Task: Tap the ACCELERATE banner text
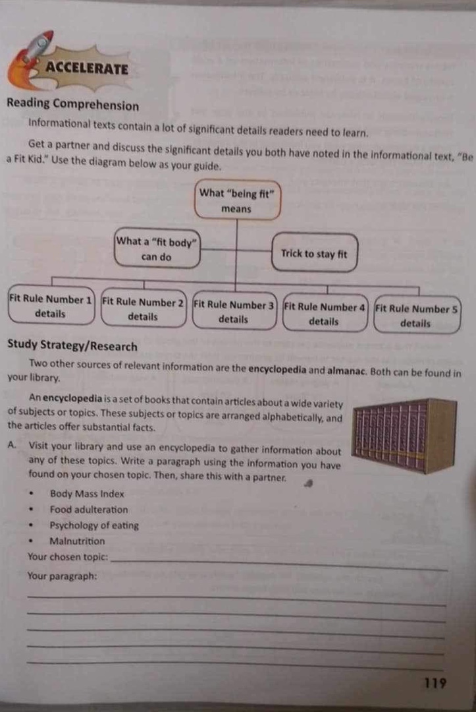tap(87, 68)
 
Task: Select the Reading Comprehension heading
tap(72, 105)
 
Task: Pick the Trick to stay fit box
tap(313, 254)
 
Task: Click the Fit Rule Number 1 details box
tap(50, 307)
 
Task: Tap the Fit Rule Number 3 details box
tap(234, 312)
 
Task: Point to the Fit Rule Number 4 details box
tap(324, 314)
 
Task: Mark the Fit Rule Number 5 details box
tap(416, 316)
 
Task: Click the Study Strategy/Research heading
tap(72, 347)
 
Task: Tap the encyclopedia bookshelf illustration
tap(404, 434)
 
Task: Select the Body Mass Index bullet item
tap(86, 494)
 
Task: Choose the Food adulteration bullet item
tap(89, 510)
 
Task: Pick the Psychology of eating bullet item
tap(94, 525)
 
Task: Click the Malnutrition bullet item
tap(77, 541)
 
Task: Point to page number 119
tap(435, 683)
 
